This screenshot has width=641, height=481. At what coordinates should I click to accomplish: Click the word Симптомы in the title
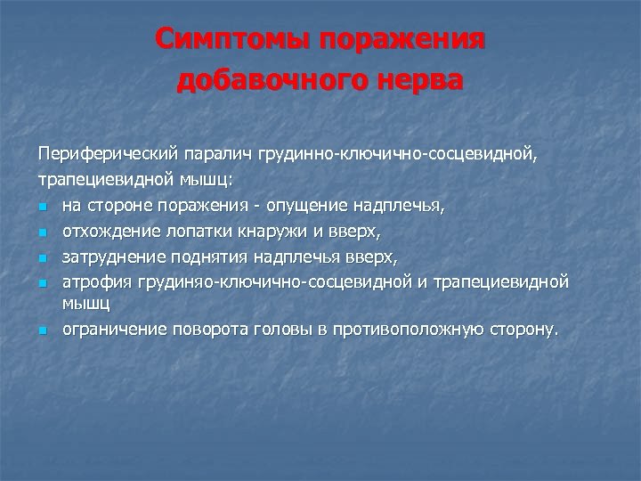pyautogui.click(x=234, y=40)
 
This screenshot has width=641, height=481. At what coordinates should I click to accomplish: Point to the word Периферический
pyautogui.click(x=103, y=155)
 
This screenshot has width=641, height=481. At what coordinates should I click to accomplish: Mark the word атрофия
pyautogui.click(x=94, y=281)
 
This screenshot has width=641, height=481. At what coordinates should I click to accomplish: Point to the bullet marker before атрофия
pyautogui.click(x=42, y=282)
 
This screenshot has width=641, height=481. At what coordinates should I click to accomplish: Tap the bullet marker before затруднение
pyautogui.click(x=42, y=257)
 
